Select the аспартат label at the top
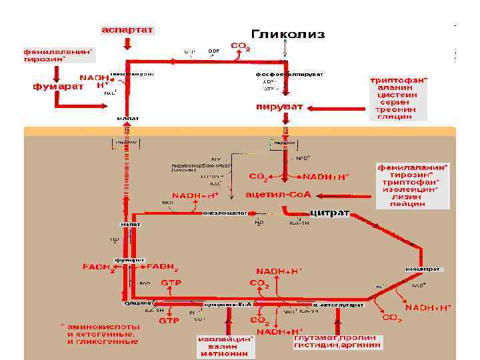pyautogui.click(x=127, y=31)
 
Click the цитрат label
pyautogui.click(x=329, y=213)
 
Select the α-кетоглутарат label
pyautogui.click(x=341, y=305)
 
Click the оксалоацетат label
pyautogui.click(x=225, y=213)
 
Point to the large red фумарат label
pyautogui.click(x=59, y=87)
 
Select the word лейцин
pyautogui.click(x=408, y=204)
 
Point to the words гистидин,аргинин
pyautogui.click(x=338, y=346)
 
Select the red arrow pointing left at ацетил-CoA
pyautogui.click(x=343, y=196)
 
